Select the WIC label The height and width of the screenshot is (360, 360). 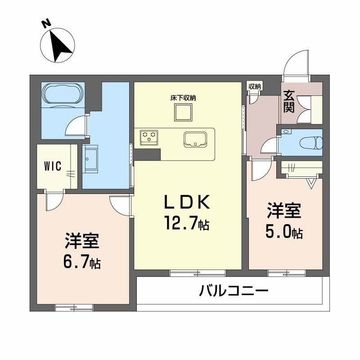[x=53, y=165]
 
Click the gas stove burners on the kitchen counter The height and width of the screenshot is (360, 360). [x=149, y=137]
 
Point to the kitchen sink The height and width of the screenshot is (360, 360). [x=195, y=139]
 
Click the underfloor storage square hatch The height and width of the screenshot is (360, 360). [x=184, y=112]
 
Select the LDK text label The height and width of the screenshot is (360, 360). [x=186, y=203]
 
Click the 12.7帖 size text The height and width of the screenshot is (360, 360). [x=187, y=224]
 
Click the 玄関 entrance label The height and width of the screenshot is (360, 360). [x=289, y=102]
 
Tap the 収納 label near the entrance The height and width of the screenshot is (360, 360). [x=254, y=87]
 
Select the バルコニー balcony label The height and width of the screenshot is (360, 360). [x=234, y=292]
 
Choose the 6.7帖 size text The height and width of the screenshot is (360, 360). [x=81, y=262]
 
